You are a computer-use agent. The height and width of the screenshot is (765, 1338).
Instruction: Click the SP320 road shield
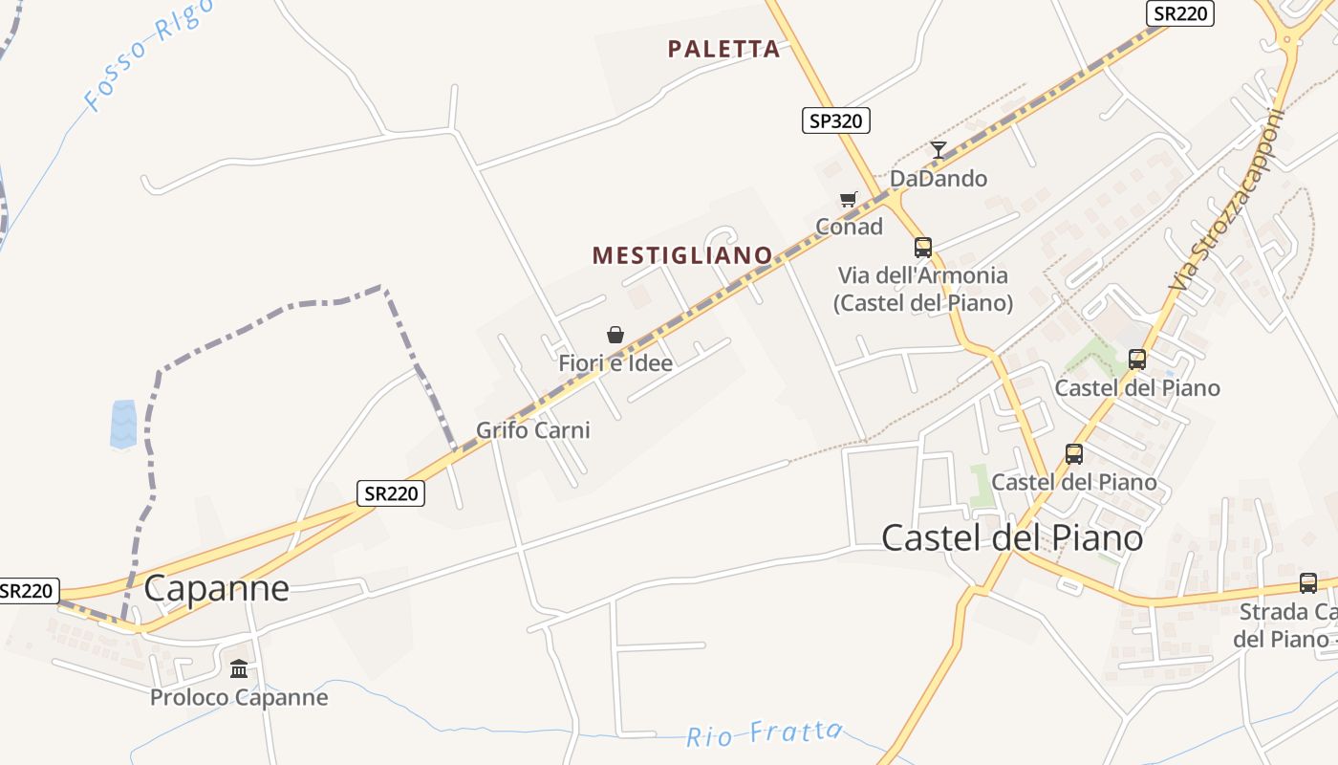pyautogui.click(x=835, y=120)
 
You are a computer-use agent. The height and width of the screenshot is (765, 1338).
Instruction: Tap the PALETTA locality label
pyautogui.click(x=723, y=49)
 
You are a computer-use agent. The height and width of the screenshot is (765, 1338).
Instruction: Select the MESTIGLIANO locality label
pyautogui.click(x=682, y=255)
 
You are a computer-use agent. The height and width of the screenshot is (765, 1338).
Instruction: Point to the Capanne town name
pyautogui.click(x=216, y=588)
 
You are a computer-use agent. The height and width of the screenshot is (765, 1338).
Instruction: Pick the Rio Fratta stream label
pyautogui.click(x=765, y=734)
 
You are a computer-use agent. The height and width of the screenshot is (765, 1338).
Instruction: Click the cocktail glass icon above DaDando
pyautogui.click(x=939, y=150)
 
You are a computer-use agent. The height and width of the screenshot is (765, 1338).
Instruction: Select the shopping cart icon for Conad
pyautogui.click(x=848, y=200)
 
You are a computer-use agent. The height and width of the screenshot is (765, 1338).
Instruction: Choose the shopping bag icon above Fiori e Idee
pyautogui.click(x=615, y=335)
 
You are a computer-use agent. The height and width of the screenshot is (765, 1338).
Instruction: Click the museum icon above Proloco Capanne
pyautogui.click(x=239, y=667)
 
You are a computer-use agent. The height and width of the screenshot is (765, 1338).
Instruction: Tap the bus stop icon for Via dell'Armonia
pyautogui.click(x=922, y=248)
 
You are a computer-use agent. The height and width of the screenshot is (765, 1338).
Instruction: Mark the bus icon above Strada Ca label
pyautogui.click(x=1307, y=582)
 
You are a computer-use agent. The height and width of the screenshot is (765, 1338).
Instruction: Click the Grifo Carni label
pyautogui.click(x=533, y=430)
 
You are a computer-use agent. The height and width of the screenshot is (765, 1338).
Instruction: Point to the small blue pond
pyautogui.click(x=124, y=424)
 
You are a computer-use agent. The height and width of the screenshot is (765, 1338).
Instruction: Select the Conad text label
pyautogui.click(x=849, y=227)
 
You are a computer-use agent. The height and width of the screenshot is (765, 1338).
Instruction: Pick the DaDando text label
pyautogui.click(x=938, y=179)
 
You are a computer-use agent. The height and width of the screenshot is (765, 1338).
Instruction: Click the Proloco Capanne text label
pyautogui.click(x=239, y=697)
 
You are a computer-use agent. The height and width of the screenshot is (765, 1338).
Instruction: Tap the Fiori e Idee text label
pyautogui.click(x=615, y=363)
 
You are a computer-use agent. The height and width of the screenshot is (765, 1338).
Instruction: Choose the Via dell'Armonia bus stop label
pyautogui.click(x=922, y=289)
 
